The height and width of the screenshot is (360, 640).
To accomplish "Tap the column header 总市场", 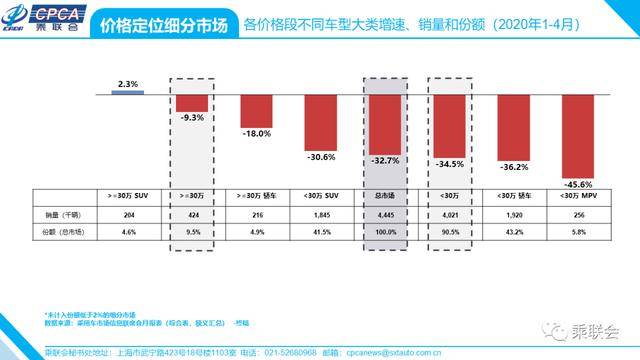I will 388,195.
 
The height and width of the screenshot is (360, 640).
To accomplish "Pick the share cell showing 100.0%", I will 388,232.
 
